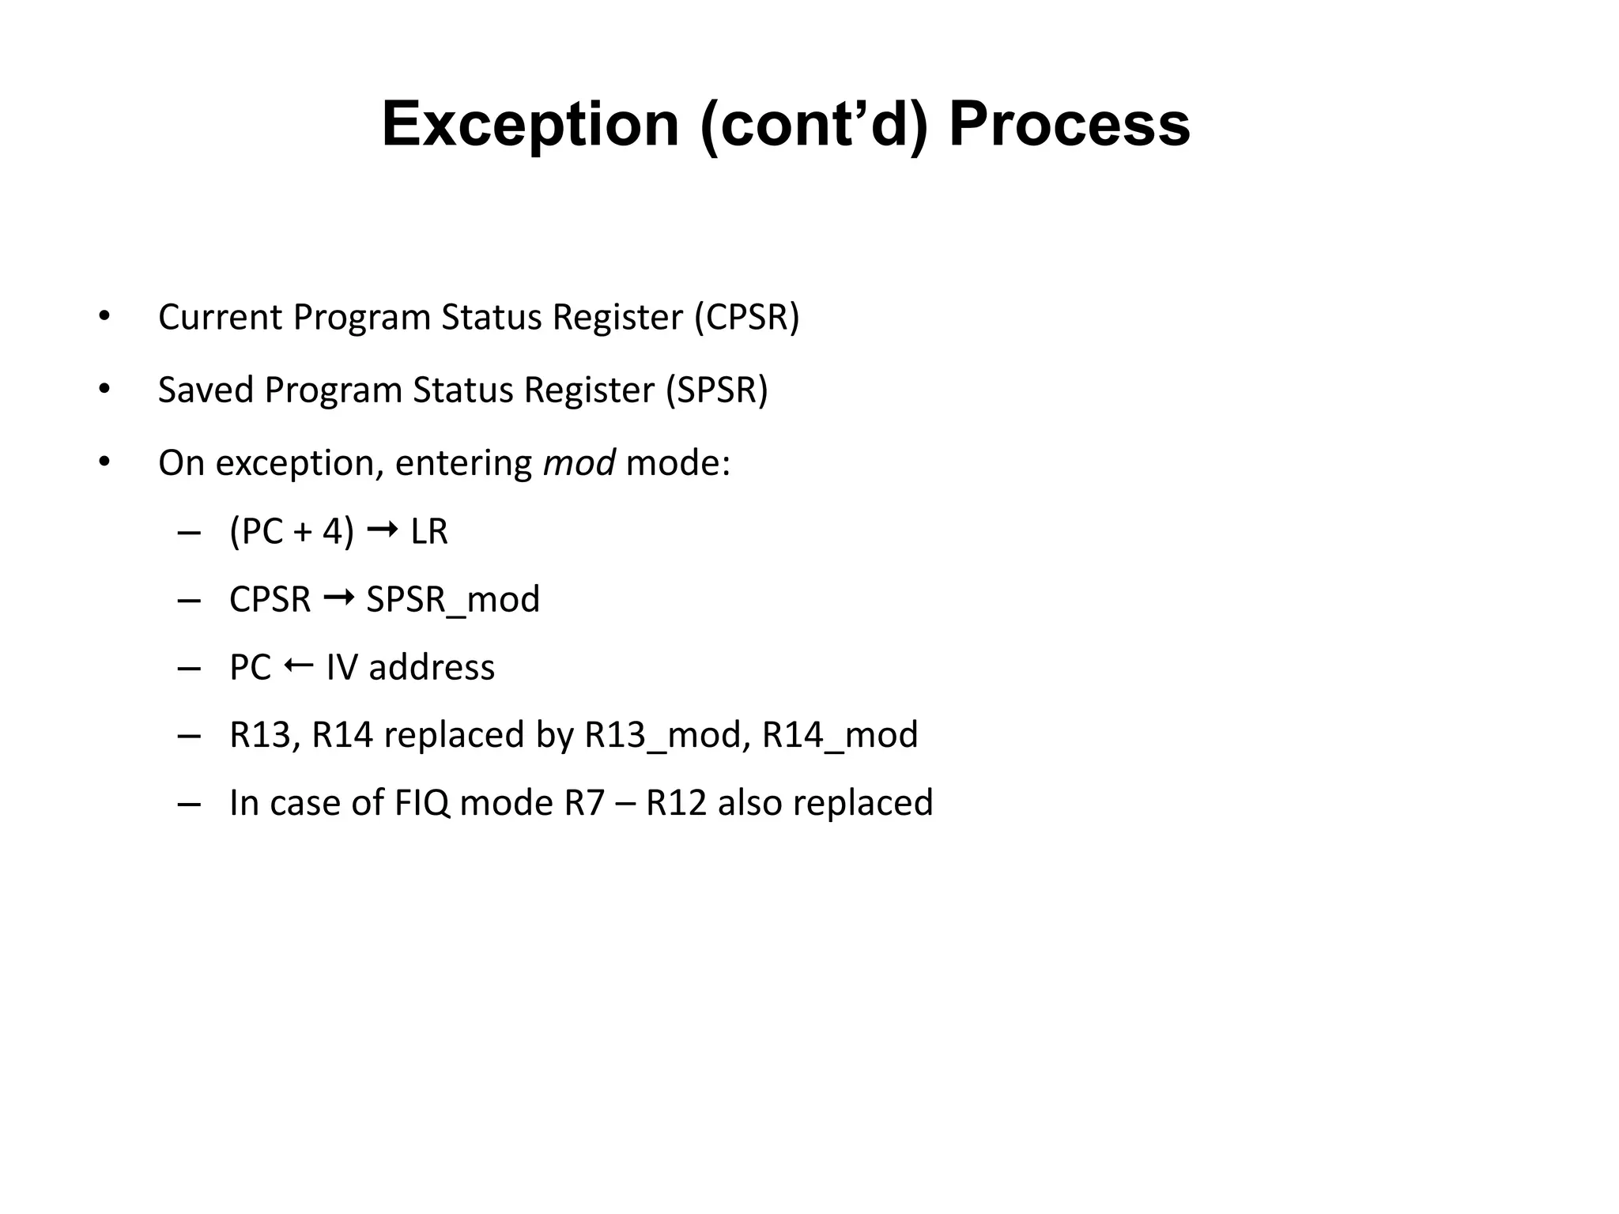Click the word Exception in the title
tap(530, 125)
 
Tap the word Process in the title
tap(1069, 125)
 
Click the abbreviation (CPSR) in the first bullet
tap(747, 318)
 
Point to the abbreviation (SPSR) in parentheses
tap(716, 390)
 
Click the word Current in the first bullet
tap(220, 318)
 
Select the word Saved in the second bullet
tap(205, 390)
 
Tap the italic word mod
tap(579, 463)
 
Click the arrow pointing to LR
tap(383, 530)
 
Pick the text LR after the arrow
tap(429, 532)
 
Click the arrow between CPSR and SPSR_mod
tap(338, 598)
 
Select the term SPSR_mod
tap(453, 600)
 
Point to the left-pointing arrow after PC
tap(298, 666)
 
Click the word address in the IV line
tap(432, 668)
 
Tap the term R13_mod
tap(667, 736)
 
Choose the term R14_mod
tap(840, 736)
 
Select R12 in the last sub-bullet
tap(676, 804)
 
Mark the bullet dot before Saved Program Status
tap(104, 389)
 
